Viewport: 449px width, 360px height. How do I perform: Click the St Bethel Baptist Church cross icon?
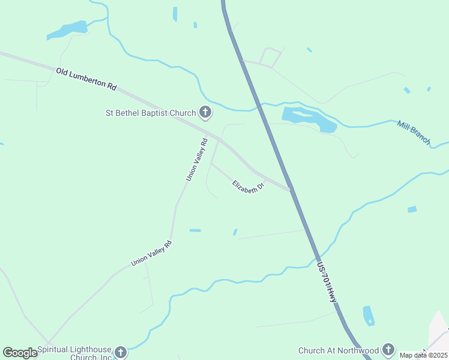205,112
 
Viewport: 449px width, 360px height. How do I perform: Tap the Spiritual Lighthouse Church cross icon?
121,352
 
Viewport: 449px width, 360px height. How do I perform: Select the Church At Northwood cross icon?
388,349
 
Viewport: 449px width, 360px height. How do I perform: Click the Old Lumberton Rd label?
86,79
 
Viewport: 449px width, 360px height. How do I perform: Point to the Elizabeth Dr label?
249,187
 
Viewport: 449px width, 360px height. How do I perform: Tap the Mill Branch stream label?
414,132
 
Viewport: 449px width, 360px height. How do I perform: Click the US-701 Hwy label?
327,280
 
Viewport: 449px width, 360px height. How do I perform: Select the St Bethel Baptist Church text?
151,112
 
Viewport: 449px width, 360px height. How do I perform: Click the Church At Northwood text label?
339,350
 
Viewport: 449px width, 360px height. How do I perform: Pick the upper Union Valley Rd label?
196,160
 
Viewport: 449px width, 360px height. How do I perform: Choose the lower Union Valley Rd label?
151,253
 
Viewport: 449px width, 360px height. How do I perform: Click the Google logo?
20,353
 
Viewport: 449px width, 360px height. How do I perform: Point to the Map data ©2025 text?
424,355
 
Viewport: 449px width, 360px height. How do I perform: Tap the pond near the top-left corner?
67,29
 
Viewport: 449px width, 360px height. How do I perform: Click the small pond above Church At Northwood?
369,315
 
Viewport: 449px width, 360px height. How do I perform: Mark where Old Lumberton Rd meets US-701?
291,190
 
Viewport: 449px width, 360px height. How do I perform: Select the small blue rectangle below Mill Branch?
412,209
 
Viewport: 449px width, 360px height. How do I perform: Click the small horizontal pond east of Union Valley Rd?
195,230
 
